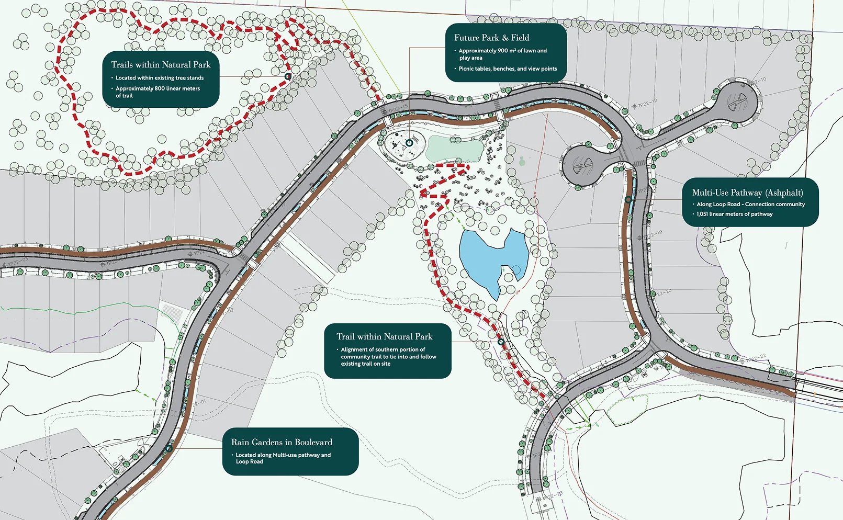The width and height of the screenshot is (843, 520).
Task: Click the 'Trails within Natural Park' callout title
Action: tap(161, 65)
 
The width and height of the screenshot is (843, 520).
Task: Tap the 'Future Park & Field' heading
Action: tap(491, 38)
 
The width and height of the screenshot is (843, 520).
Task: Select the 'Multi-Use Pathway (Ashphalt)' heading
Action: tap(747, 193)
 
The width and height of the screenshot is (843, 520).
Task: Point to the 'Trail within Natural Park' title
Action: tap(384, 336)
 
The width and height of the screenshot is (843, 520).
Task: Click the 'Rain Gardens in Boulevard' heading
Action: tap(282, 442)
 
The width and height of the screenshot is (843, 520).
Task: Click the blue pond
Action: tap(489, 256)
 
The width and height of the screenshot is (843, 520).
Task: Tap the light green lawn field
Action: tap(454, 150)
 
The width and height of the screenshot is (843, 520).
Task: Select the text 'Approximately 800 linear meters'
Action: tap(158, 88)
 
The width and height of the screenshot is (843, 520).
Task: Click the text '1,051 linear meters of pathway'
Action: tap(734, 214)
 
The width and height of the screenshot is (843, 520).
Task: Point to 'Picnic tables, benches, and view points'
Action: tap(508, 69)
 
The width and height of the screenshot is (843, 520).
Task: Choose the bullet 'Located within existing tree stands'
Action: tap(160, 78)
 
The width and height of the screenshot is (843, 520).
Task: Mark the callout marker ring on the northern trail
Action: tap(287, 76)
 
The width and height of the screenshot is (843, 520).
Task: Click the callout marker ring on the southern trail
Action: tap(501, 342)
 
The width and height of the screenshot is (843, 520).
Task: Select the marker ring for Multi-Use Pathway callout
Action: tap(628, 199)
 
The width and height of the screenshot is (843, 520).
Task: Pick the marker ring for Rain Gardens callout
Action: tap(169, 448)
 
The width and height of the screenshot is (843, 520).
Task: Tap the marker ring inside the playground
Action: tap(409, 142)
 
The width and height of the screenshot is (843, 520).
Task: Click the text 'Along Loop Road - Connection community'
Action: tap(750, 204)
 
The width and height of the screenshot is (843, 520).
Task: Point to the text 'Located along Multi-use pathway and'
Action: tap(283, 455)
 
